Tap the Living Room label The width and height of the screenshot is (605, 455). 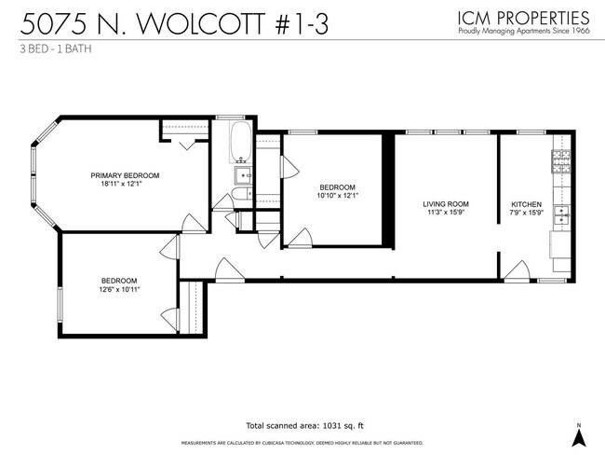click(445, 203)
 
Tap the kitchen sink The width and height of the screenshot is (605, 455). click(562, 216)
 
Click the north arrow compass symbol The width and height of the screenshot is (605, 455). click(578, 433)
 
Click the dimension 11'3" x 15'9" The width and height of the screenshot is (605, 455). click(445, 213)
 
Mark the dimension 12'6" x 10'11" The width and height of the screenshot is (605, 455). click(119, 290)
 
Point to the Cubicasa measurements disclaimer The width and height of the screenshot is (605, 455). click(302, 443)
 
